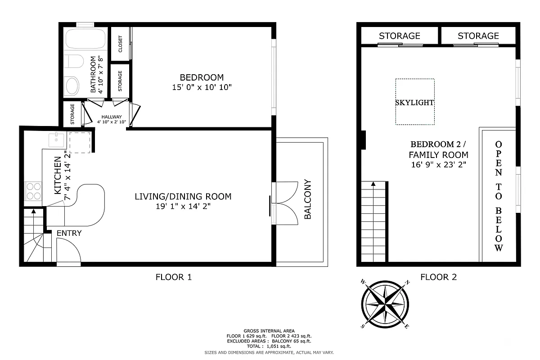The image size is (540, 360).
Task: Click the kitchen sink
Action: point(56,140)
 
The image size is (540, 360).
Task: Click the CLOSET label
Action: point(120,44)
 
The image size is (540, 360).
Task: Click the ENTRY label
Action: point(69,233)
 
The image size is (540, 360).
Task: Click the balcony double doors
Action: point(286,202)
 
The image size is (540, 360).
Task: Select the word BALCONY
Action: point(308,199)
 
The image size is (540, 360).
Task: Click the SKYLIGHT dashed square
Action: point(415,102)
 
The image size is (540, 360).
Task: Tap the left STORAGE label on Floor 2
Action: point(399,36)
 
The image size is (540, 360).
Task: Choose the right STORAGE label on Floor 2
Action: point(478,36)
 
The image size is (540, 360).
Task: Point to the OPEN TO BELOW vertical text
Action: point(498,196)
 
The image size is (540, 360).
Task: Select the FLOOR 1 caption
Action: point(173,277)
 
